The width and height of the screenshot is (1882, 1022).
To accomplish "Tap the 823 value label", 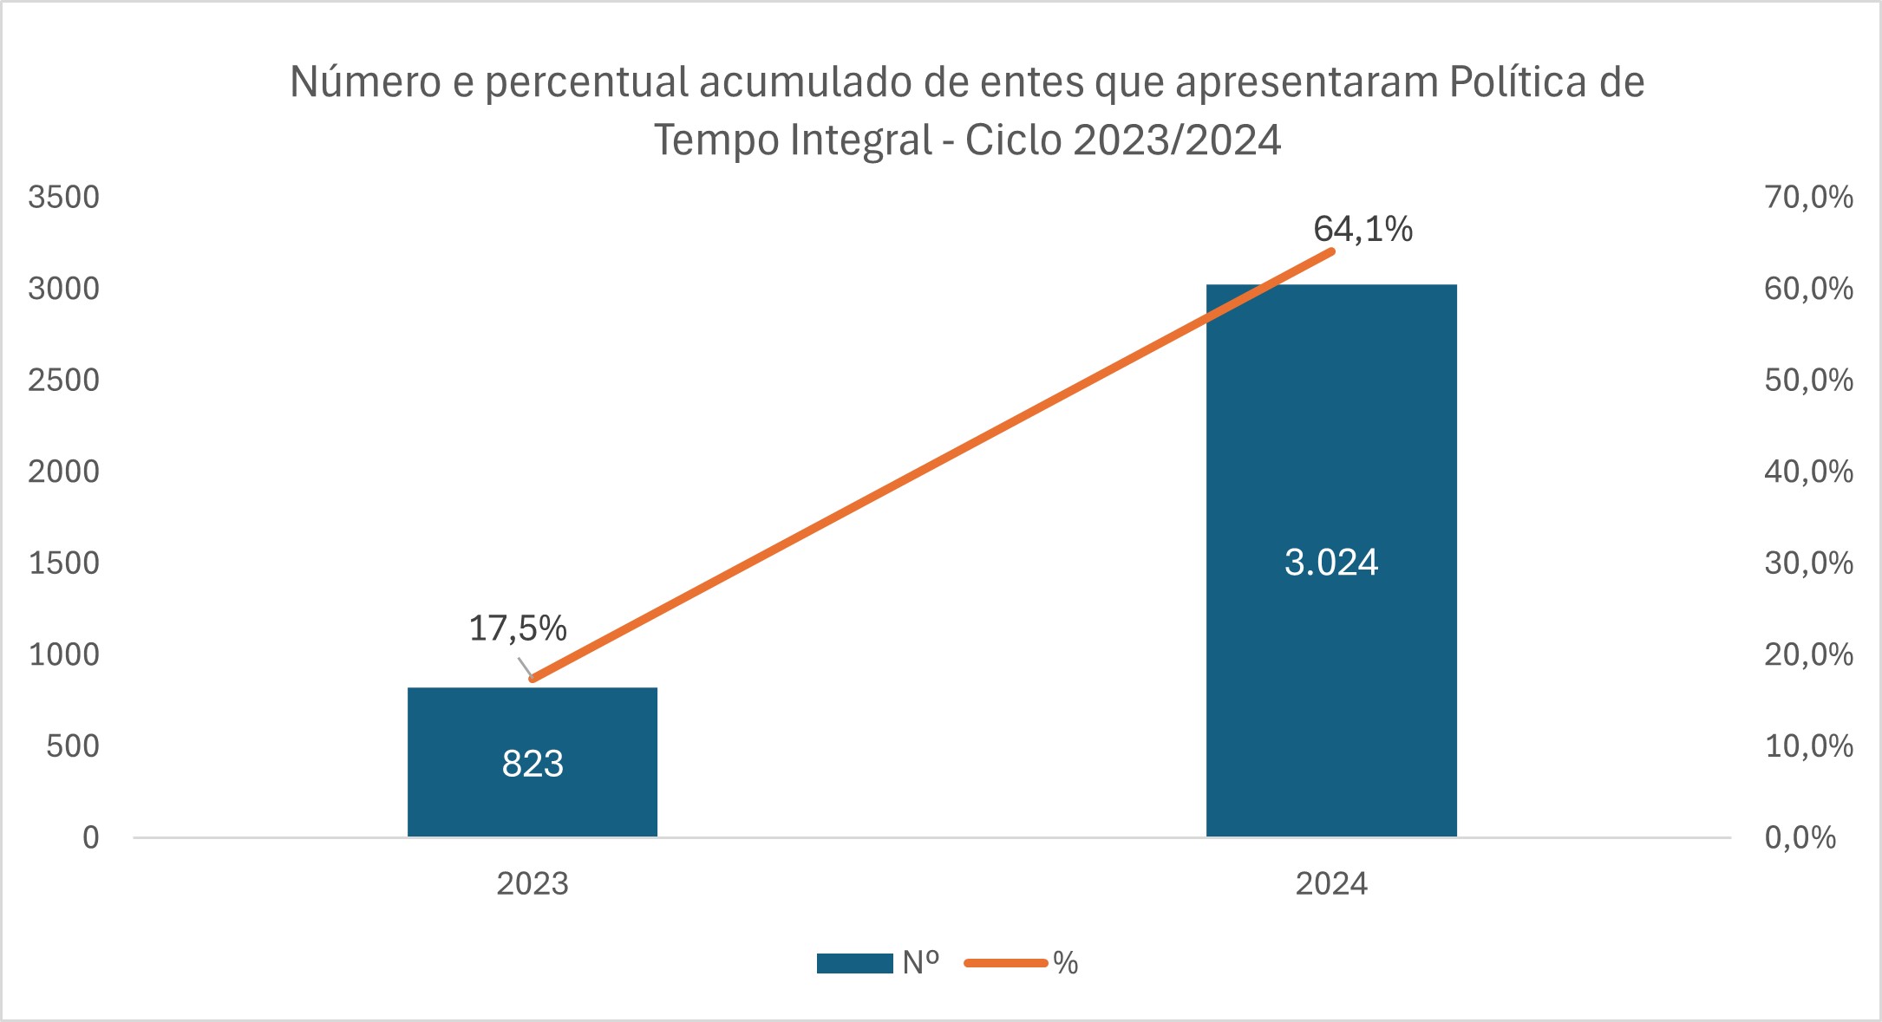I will pos(533,764).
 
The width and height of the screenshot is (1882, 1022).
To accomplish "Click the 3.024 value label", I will pos(1331,563).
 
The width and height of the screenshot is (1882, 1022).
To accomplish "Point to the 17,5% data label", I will pos(518,628).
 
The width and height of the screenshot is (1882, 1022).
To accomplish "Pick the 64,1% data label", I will pos(1362,229).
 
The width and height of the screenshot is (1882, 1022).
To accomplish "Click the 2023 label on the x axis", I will pos(532,883).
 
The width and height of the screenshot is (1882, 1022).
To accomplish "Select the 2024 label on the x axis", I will pos(1331,883).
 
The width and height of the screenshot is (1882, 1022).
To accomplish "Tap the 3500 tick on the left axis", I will pos(63,197).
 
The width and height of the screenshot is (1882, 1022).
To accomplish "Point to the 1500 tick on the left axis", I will pos(63,563).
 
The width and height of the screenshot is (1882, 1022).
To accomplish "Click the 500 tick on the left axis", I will pos(73,745).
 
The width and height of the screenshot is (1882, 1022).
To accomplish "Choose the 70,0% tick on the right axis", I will pos(1808,197).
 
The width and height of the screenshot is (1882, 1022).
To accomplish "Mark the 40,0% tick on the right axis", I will pos(1808,472).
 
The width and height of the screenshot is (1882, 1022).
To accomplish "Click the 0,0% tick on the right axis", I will pos(1800,837).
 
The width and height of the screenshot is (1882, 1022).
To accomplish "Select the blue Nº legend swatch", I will pos(854,963).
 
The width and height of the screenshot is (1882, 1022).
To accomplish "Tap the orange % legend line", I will pos(1006,963).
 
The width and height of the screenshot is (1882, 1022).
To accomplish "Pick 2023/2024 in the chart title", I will pos(1177,140).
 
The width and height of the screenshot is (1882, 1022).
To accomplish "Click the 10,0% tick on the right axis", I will pos(1808,745).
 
